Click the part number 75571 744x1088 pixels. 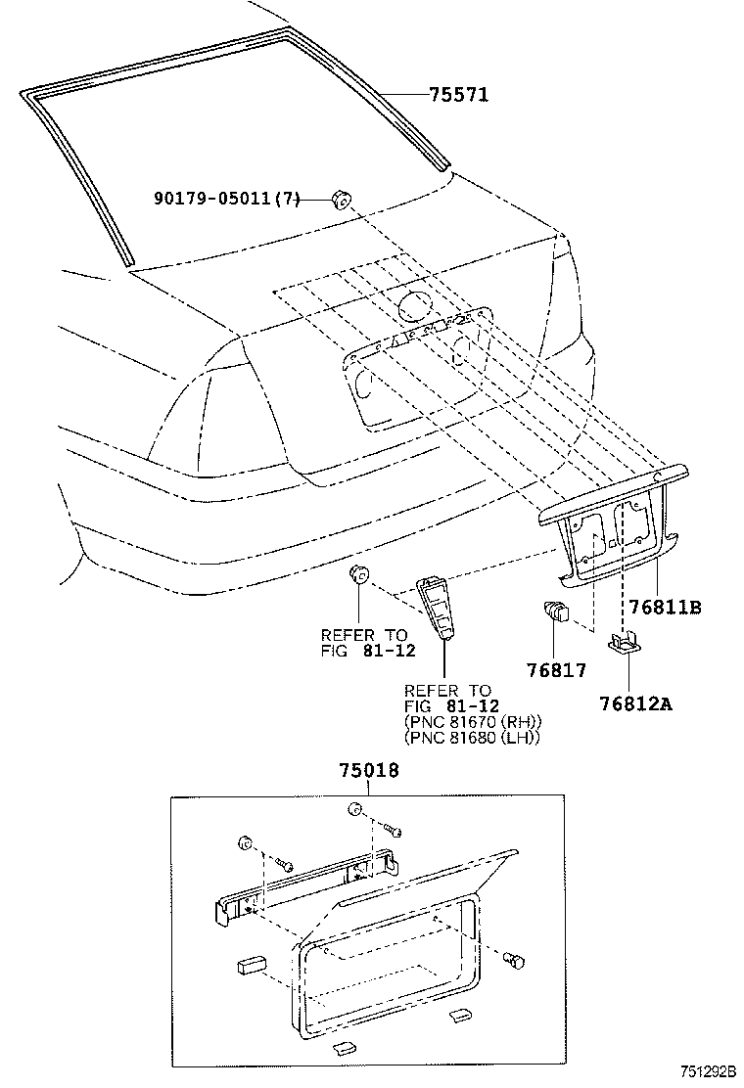coord(458,94)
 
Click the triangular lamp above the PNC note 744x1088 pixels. coord(436,608)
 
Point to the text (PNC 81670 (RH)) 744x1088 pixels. coord(473,721)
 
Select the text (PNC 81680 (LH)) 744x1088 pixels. coord(472,737)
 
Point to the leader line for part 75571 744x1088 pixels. coord(401,94)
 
